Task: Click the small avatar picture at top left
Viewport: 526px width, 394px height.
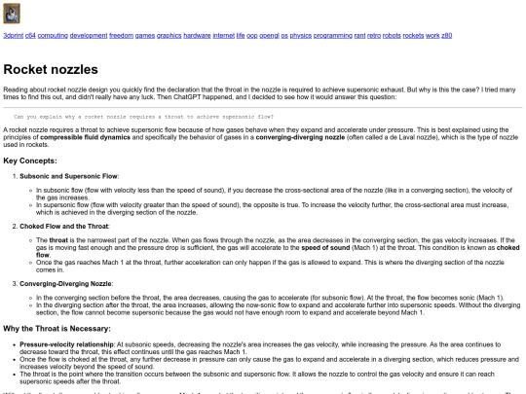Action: pos(12,14)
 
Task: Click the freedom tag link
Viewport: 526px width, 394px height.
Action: pos(121,35)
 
